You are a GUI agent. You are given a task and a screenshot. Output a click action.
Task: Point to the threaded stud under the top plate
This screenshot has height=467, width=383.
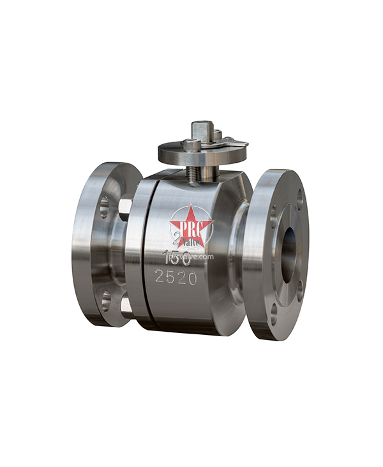191,172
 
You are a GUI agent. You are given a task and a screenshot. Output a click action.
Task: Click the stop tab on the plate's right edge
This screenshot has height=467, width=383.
239,144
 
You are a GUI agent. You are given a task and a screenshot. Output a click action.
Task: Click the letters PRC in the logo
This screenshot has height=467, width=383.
191,226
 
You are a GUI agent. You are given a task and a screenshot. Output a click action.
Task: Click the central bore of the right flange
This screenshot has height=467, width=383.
289,253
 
